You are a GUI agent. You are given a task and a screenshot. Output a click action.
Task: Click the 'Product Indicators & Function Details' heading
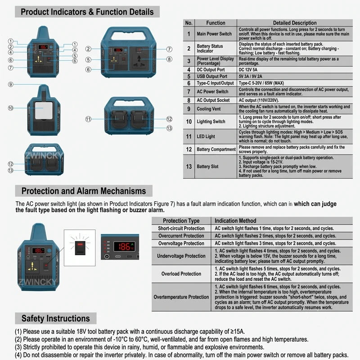[87, 12]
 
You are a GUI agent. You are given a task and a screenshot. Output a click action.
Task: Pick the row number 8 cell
[189, 100]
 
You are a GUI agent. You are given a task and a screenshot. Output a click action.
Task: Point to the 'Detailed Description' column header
[295, 23]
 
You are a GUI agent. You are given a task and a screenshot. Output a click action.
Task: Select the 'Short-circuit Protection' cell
[181, 228]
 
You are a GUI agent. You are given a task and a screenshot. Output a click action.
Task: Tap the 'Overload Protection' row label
[181, 274]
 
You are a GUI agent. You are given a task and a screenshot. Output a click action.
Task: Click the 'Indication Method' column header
[235, 220]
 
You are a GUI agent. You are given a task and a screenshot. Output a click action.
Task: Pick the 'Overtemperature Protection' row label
[181, 297]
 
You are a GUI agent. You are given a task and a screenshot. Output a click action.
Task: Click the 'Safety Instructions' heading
[55, 319]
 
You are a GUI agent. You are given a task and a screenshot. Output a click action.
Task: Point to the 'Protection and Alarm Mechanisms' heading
[84, 191]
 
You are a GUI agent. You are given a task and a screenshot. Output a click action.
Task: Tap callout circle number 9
[10, 84]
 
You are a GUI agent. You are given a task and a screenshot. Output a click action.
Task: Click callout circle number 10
[10, 108]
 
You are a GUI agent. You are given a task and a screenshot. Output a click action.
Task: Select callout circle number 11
[88, 119]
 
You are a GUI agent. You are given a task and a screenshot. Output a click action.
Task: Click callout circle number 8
[169, 59]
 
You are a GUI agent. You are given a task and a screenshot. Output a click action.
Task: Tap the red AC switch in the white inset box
[80, 248]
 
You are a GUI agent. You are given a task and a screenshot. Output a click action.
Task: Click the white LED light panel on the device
[44, 110]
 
